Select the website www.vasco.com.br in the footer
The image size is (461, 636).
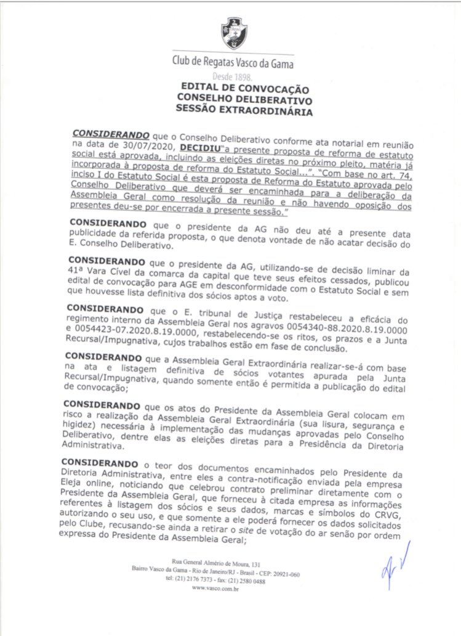coord(215,588)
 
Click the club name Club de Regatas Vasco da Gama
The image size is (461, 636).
coord(233,63)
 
